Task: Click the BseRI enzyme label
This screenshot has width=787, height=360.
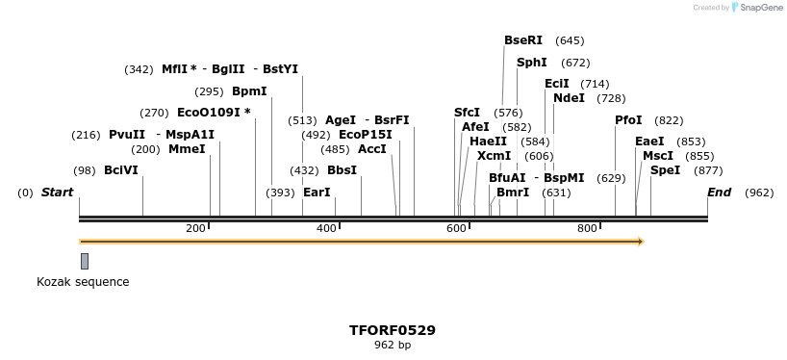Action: coord(523,40)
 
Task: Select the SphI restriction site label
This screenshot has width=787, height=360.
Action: coord(532,63)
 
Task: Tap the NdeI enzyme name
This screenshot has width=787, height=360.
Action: coord(569,97)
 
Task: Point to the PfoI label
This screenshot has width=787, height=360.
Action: coord(628,120)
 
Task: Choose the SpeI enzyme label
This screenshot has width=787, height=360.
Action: coord(665,170)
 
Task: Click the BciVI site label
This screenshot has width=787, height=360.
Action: coord(121,170)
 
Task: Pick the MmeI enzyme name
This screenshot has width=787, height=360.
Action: coord(187,149)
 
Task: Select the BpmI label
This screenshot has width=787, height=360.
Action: coord(249,91)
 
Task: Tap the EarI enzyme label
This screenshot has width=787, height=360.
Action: coord(317,193)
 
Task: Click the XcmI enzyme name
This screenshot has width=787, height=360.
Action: coord(494,155)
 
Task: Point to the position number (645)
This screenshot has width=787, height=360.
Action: coord(570,40)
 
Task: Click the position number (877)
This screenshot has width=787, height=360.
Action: coord(708,170)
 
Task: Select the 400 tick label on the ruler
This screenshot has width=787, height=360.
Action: coord(326,228)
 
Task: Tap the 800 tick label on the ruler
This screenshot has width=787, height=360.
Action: coord(587,228)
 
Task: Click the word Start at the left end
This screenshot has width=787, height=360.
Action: coord(57,193)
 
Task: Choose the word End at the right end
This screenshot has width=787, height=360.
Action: coord(719,193)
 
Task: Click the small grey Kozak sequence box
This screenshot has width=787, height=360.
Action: coord(85,261)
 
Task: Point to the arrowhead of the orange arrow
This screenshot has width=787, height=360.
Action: coord(638,241)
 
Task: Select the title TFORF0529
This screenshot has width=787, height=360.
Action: coord(393,330)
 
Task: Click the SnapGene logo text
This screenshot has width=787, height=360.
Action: coord(760,8)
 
